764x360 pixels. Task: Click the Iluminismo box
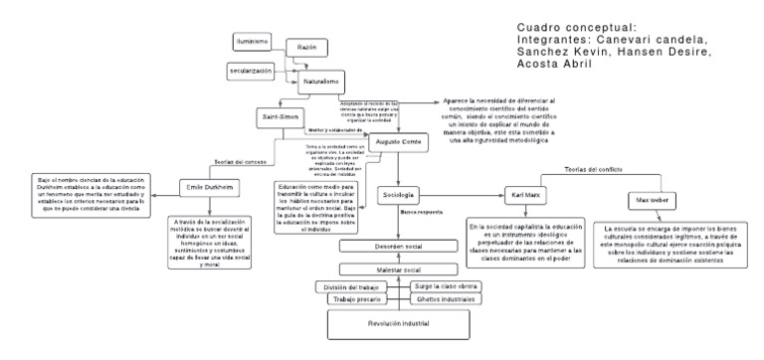[x=253, y=41]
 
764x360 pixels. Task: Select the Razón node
[x=306, y=48]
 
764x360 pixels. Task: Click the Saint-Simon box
[x=280, y=119]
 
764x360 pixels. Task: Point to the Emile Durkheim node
[x=207, y=188]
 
